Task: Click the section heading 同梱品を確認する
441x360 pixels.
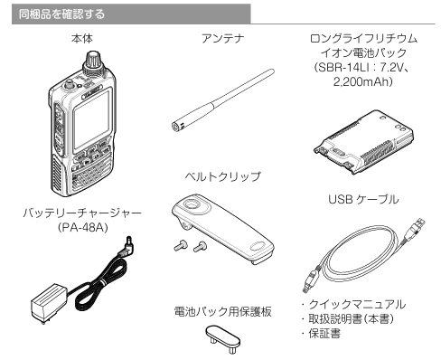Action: click(x=61, y=14)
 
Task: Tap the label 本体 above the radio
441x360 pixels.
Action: click(x=82, y=39)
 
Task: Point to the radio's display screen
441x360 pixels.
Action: click(x=92, y=119)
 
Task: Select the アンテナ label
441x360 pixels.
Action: click(x=222, y=39)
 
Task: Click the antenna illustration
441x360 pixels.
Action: click(x=222, y=99)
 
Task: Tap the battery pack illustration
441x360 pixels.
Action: click(x=363, y=142)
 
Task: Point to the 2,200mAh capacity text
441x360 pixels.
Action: click(x=361, y=81)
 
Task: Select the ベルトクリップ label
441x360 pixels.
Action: click(x=222, y=176)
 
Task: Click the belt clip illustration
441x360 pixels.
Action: click(x=223, y=228)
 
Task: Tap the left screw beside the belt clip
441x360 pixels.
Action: click(x=181, y=245)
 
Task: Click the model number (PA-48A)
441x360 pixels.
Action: click(x=82, y=227)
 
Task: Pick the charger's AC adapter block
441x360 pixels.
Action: click(x=50, y=302)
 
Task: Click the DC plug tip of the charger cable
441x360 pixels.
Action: click(x=130, y=241)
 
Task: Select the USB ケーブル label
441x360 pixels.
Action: click(x=363, y=199)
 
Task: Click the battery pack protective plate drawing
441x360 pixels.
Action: click(x=223, y=338)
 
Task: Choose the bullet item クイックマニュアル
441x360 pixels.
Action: click(x=357, y=304)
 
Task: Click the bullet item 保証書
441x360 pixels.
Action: click(x=324, y=334)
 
